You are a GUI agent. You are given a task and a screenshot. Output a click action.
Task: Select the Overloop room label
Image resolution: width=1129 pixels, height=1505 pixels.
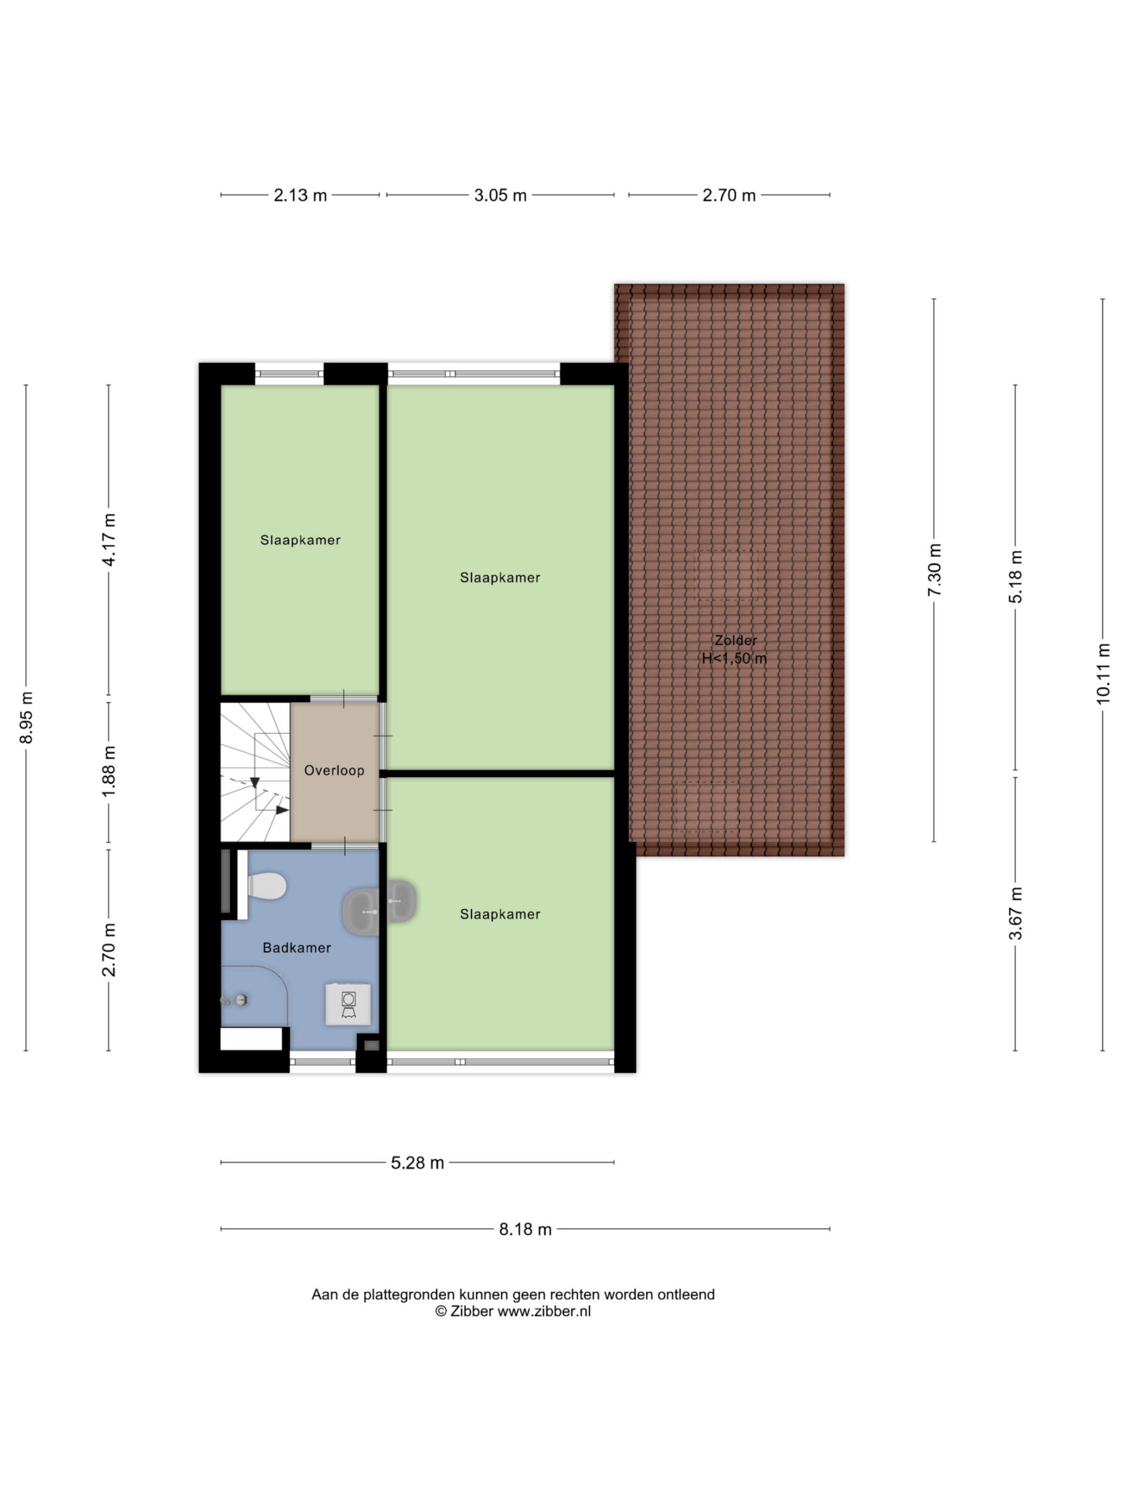point(334,770)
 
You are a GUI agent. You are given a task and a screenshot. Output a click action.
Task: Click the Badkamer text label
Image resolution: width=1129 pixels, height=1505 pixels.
point(297,947)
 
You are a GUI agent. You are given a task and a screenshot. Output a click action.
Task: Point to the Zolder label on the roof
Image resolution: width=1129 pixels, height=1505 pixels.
point(736,640)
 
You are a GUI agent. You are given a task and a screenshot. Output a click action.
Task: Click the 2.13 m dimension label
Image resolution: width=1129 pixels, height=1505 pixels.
point(300,195)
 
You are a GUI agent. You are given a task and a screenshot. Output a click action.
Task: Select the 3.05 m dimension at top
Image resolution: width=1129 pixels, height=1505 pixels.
point(500,195)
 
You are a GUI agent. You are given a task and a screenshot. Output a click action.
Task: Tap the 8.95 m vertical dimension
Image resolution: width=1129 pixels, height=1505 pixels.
point(26,717)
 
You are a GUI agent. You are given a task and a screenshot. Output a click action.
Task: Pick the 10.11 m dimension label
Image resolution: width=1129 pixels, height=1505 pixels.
point(1103,674)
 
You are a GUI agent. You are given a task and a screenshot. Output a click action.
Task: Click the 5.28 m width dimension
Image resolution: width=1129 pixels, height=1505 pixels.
point(417,1163)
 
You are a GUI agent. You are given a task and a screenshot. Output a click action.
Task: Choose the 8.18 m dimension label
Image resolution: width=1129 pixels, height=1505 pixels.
point(525,1229)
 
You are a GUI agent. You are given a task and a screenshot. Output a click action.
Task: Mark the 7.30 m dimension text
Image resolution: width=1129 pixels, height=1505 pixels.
point(934,570)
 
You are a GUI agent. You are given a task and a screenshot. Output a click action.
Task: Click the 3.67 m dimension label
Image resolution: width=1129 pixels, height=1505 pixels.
point(1016,913)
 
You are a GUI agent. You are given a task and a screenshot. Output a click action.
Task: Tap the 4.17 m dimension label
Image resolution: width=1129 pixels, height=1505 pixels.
point(109,539)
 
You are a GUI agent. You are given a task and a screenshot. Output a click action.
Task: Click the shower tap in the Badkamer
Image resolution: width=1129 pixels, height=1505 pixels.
point(233,1000)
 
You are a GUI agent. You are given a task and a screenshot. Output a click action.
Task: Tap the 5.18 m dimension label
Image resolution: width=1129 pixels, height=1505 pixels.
point(1016,576)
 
